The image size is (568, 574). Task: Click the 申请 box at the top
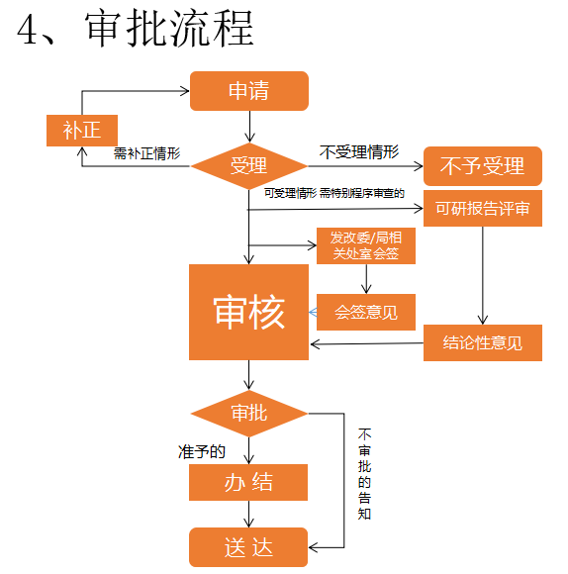(248, 91)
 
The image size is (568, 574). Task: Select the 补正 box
(82, 130)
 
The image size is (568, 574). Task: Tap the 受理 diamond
(248, 166)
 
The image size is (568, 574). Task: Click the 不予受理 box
(482, 166)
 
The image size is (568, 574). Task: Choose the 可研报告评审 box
(482, 209)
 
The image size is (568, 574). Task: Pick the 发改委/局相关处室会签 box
(365, 246)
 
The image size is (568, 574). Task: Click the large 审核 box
(248, 313)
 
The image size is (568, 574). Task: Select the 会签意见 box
(365, 312)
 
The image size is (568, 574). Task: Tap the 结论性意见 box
(482, 343)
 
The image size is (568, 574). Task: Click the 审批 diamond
(248, 413)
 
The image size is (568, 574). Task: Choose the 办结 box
(248, 483)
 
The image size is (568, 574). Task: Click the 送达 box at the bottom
(248, 547)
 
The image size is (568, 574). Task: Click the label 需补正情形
(146, 153)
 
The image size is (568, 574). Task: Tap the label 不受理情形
(359, 152)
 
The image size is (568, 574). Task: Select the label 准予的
(202, 451)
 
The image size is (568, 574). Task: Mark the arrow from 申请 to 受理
(249, 126)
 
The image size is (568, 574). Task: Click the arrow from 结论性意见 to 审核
(366, 344)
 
